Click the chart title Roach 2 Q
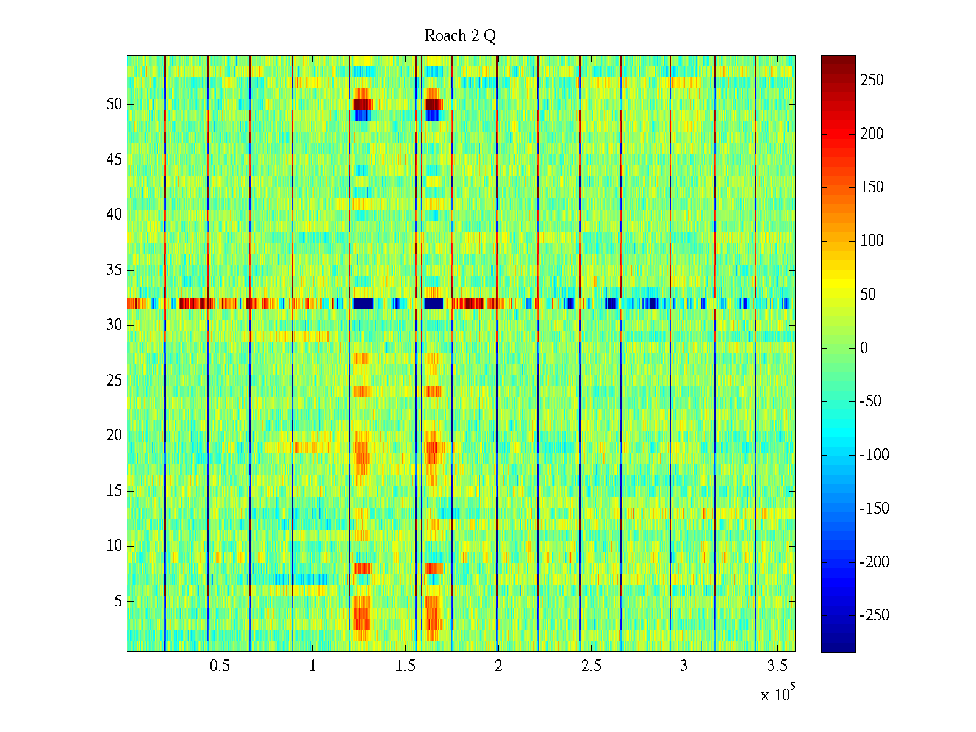pyautogui.click(x=460, y=36)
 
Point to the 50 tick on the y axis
pyautogui.click(x=114, y=104)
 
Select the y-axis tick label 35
pyautogui.click(x=114, y=270)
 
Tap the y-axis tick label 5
pyautogui.click(x=118, y=601)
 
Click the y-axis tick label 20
pyautogui.click(x=114, y=436)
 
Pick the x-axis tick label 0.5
pyautogui.click(x=220, y=666)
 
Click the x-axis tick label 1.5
pyautogui.click(x=406, y=666)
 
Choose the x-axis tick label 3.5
pyautogui.click(x=777, y=666)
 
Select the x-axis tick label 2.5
pyautogui.click(x=591, y=666)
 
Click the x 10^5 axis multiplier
pyautogui.click(x=777, y=694)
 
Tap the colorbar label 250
pyautogui.click(x=872, y=81)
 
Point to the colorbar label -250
pyautogui.click(x=874, y=615)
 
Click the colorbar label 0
pyautogui.click(x=864, y=348)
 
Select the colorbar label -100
pyautogui.click(x=874, y=455)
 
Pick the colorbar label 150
pyautogui.click(x=872, y=187)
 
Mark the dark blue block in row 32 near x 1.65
pyautogui.click(x=434, y=303)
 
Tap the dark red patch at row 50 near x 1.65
pyautogui.click(x=434, y=104)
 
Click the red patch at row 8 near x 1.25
pyautogui.click(x=362, y=569)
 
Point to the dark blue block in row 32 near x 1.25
pyautogui.click(x=364, y=303)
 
